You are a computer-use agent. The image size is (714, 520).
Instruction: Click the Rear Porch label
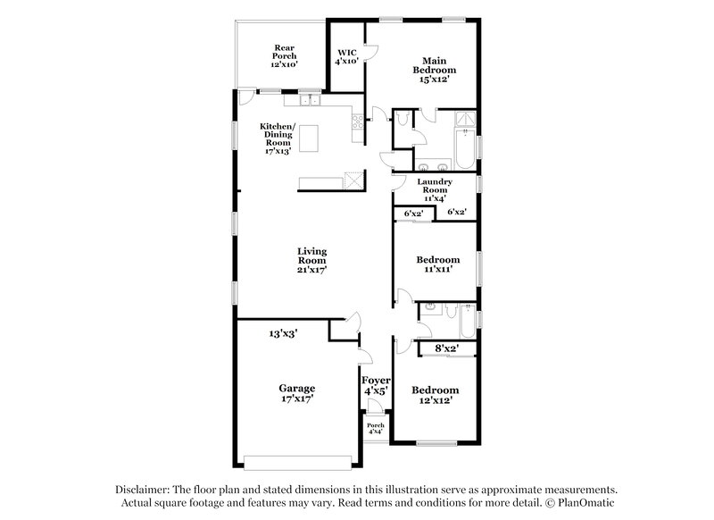coord(284,56)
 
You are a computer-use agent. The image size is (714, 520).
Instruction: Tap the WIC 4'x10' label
coord(346,56)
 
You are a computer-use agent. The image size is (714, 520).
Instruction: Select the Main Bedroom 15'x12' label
coord(434,70)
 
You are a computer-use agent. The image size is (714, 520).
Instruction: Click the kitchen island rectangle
coord(310,140)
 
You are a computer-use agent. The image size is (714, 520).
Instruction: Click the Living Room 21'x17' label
coord(312,260)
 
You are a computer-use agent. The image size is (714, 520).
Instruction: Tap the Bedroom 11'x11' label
coord(438,264)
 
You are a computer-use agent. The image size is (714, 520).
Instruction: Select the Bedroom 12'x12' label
coord(435,395)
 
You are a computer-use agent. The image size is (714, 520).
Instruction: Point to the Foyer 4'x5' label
coord(376,385)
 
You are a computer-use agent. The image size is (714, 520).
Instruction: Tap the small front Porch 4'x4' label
coord(375,429)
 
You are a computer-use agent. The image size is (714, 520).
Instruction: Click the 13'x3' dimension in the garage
coord(283,332)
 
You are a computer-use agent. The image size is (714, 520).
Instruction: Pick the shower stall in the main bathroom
coord(464,122)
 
